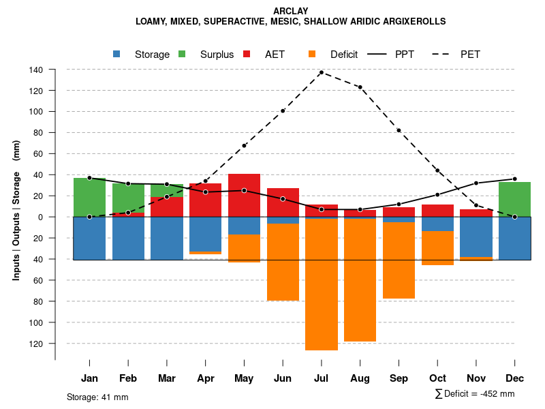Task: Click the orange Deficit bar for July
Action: tap(322, 284)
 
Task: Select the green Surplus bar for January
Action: tap(89, 197)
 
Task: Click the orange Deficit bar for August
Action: tap(360, 280)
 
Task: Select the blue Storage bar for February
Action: tap(128, 238)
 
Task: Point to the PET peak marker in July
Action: tap(322, 72)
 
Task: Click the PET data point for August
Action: tap(360, 87)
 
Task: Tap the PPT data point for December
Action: tap(514, 179)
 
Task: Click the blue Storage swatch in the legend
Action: tap(117, 55)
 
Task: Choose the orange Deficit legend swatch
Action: tap(313, 55)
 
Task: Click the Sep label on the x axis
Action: tap(399, 378)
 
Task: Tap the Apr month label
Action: tap(206, 378)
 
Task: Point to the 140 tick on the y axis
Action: tap(37, 70)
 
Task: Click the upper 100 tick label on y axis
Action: tap(37, 112)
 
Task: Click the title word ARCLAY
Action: tap(291, 12)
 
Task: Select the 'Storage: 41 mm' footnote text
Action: tap(97, 397)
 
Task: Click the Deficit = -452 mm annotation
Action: tap(475, 394)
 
